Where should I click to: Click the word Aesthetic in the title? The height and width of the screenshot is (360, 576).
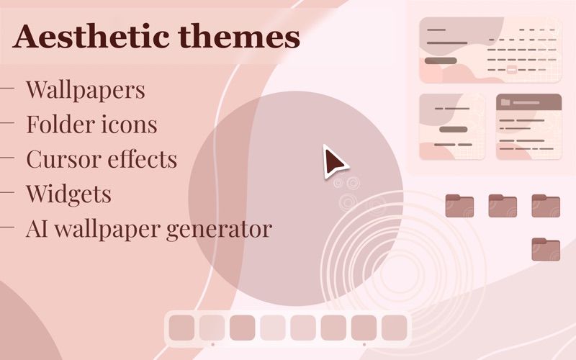pyautogui.click(x=91, y=36)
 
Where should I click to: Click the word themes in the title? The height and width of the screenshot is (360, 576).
pyautogui.click(x=239, y=36)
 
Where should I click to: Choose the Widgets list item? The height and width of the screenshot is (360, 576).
pyautogui.click(x=68, y=194)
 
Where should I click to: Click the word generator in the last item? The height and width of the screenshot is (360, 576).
pyautogui.click(x=220, y=230)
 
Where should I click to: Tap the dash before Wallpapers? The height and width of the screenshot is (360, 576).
pyautogui.click(x=7, y=88)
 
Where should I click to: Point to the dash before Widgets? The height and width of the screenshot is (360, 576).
pyautogui.click(x=7, y=192)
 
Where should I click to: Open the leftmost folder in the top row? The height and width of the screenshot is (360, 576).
pyautogui.click(x=459, y=206)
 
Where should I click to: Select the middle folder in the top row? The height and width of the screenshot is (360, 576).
pyautogui.click(x=503, y=206)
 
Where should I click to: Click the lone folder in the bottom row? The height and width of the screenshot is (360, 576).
pyautogui.click(x=546, y=249)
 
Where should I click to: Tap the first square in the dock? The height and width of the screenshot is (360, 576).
pyautogui.click(x=181, y=328)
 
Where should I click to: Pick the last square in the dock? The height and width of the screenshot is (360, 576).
pyautogui.click(x=394, y=328)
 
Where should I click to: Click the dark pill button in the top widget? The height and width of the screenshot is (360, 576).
pyautogui.click(x=441, y=60)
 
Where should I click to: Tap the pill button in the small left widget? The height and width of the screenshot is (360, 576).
pyautogui.click(x=454, y=130)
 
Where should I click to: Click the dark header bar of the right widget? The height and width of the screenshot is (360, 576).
pyautogui.click(x=529, y=102)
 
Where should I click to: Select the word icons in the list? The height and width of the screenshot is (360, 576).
pyautogui.click(x=129, y=124)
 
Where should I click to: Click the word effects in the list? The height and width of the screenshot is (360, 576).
pyautogui.click(x=142, y=158)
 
